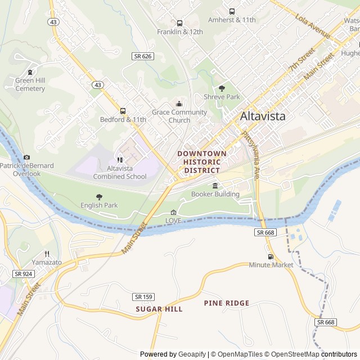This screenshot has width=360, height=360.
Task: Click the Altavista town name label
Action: pos(263,116)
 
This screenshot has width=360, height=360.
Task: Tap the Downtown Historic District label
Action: pos(202,161)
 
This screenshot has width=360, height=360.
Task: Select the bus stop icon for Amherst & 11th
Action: pos(232,11)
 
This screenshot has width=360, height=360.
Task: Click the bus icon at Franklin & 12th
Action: pos(179,23)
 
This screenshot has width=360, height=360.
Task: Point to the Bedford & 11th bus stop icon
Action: pos(123,111)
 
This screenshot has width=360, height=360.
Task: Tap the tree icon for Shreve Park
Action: pos(222,88)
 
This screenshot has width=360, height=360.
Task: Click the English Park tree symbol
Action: pos(99,196)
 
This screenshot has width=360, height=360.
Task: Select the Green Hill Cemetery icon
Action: pos(30,71)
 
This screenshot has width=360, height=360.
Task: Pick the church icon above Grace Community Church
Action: pos(179,103)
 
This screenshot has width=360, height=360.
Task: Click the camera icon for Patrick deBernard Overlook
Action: pos(26,157)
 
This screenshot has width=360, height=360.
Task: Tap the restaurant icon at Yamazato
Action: pos(47,254)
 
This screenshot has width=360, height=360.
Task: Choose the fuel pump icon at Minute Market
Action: pos(271,256)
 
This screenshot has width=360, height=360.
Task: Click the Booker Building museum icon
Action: pos(215,186)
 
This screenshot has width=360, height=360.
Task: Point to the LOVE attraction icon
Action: pos(173,212)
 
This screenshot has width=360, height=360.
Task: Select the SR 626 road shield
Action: pos(143,56)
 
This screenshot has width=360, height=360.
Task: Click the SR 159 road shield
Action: pos(144,296)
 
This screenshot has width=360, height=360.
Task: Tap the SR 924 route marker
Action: pos(24,274)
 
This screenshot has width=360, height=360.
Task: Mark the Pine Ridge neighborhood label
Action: pos(226,303)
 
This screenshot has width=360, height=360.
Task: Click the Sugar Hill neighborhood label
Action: pos(159,309)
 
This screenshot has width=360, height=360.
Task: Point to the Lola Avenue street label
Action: pos(313,26)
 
